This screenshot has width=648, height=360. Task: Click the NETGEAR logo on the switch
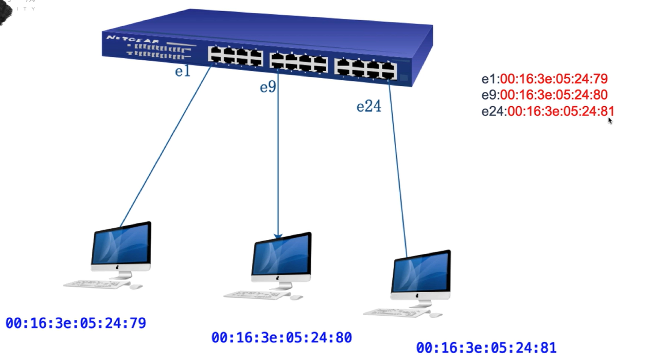133,39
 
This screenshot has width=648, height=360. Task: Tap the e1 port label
183,71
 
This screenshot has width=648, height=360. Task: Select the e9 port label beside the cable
268,87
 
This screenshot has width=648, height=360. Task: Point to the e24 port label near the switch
369,106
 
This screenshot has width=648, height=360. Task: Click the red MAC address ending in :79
554,79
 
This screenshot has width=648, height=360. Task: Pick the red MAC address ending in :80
554,95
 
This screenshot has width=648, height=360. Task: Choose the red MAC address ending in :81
560,111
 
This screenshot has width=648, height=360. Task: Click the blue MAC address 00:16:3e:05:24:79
76,323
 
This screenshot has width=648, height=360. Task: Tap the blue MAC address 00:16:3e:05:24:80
281,337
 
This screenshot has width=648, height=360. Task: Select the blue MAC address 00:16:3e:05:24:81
486,348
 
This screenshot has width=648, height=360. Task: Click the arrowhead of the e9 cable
278,236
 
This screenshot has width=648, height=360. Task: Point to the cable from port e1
165,147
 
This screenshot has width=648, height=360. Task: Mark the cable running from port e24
397,169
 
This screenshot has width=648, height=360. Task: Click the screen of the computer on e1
121,244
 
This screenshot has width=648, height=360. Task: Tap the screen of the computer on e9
282,256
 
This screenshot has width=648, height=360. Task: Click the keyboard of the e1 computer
92,284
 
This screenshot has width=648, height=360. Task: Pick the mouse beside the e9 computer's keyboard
296,298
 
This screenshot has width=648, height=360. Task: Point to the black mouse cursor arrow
610,120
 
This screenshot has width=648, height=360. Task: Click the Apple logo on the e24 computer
417,296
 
